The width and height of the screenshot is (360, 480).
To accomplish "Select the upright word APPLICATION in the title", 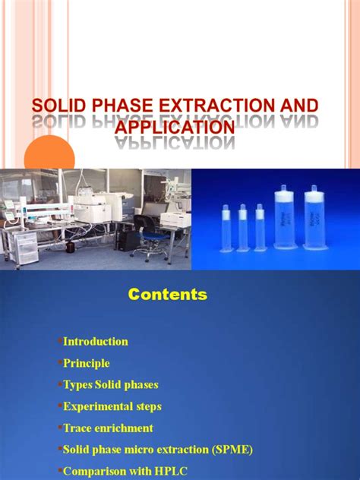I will pyautogui.click(x=174, y=126).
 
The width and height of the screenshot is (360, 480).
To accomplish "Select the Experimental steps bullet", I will pyautogui.click(x=112, y=407).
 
